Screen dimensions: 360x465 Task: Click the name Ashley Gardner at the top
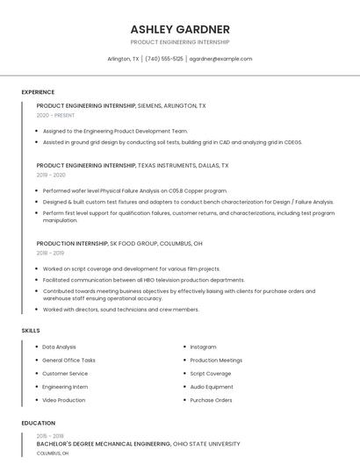point(180,29)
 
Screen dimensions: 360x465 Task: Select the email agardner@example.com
point(220,59)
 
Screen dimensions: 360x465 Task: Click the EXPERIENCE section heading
point(38,92)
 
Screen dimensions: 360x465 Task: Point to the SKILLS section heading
point(31,330)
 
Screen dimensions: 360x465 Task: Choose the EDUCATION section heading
point(38,423)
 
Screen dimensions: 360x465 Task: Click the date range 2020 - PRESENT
point(55,115)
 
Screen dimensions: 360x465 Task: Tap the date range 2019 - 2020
point(51,175)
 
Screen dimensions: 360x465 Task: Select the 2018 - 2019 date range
point(51,253)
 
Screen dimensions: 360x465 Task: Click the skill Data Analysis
point(59,347)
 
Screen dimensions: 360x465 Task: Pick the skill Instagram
point(203,347)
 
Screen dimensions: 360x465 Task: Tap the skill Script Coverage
point(211,374)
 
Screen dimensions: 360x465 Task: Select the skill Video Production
point(63,400)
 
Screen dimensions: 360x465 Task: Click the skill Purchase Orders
point(211,400)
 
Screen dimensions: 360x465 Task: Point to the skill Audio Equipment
point(212,387)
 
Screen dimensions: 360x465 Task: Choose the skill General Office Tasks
point(68,361)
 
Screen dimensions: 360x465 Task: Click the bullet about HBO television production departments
point(143,280)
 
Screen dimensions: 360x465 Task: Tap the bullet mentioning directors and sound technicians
point(120,310)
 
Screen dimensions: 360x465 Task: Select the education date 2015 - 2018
point(50,436)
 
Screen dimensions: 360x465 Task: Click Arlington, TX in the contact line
point(123,59)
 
